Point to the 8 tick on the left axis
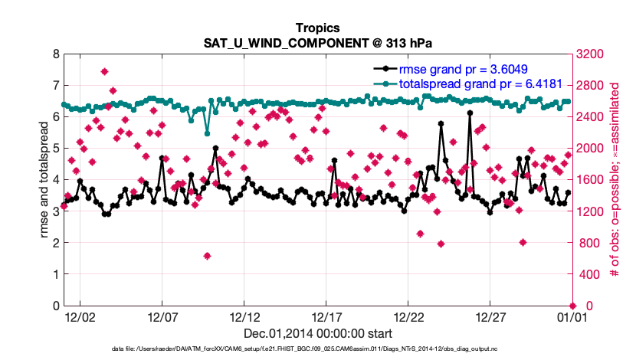tap(53, 54)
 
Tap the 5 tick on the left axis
tap(53, 149)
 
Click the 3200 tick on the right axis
tap(589, 54)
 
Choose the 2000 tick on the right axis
tap(589, 149)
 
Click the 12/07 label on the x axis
tap(162, 316)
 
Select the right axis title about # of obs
tap(614, 180)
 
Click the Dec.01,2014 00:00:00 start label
tap(318, 333)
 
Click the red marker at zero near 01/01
tap(572, 306)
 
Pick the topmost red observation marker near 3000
tap(104, 72)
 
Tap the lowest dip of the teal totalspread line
tap(207, 134)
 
